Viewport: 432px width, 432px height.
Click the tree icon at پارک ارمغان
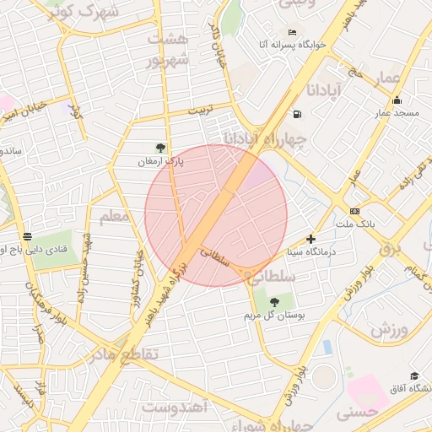tap(160, 147)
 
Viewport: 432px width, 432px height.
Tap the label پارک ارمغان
tap(161, 160)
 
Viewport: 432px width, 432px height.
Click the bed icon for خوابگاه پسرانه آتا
tap(293, 32)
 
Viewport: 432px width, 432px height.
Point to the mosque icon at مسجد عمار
tap(397, 100)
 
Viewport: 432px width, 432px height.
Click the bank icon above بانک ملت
tap(354, 211)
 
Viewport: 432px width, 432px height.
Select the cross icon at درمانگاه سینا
tap(311, 240)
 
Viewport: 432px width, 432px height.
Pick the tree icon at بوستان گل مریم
tap(273, 302)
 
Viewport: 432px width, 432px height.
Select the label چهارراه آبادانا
tap(265, 137)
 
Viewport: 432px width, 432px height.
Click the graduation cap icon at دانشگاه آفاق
tap(413, 375)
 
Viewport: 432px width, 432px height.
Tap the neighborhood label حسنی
tap(355, 414)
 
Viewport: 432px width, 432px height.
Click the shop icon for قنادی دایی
tap(28, 236)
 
